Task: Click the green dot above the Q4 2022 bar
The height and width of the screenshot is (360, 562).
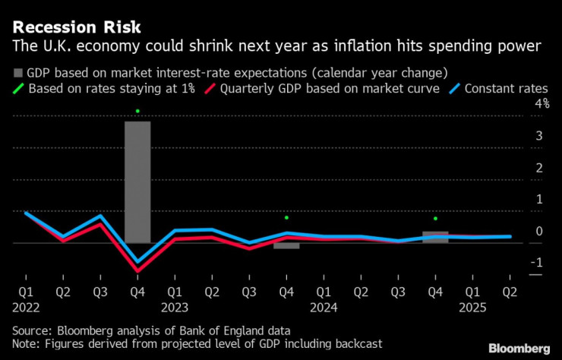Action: click(137, 112)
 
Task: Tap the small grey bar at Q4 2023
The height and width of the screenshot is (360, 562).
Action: click(286, 245)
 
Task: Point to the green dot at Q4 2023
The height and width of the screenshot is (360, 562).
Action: click(286, 218)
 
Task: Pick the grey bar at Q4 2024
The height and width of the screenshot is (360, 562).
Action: click(435, 237)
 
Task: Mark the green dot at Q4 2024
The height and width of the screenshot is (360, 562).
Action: click(435, 219)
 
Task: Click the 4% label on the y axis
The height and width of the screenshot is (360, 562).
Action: click(542, 103)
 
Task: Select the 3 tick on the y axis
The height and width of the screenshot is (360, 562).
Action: click(540, 135)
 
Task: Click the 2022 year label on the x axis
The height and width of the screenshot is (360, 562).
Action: click(26, 307)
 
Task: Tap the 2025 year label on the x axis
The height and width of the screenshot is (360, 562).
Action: click(472, 307)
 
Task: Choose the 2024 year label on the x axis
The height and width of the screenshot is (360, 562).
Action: click(324, 307)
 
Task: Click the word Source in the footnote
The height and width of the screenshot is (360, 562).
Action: click(31, 330)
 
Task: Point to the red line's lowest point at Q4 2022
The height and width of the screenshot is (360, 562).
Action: click(137, 270)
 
